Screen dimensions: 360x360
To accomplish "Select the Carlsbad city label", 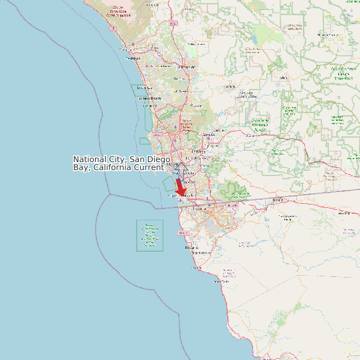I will [x=133, y=58].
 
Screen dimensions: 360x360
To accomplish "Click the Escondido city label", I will [x=187, y=67].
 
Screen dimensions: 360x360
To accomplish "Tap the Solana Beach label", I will [x=149, y=98].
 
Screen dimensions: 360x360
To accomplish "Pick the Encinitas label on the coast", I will [x=144, y=88].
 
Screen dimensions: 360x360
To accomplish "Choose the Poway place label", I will [x=196, y=106].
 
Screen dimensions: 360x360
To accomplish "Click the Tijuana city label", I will [x=200, y=209].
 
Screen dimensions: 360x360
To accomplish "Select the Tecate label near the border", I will [x=278, y=199].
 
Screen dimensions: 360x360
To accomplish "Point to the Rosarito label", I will [x=191, y=247].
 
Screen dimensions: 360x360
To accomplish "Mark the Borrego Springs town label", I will [x=328, y=35].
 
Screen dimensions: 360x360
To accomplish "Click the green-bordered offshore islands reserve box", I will [x=149, y=236].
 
